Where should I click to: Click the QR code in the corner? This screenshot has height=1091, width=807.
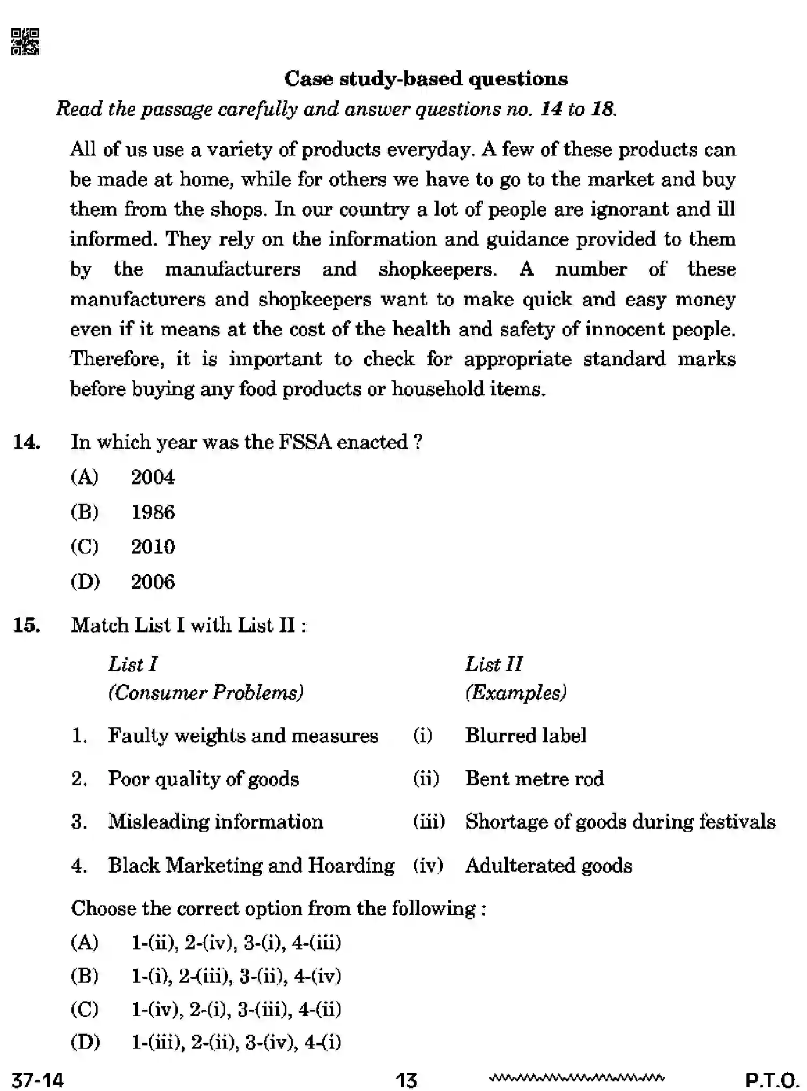point(25,42)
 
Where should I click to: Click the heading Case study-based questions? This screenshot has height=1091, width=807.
point(426,79)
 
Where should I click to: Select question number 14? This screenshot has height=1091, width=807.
point(27,443)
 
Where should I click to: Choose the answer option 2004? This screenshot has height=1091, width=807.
point(153,477)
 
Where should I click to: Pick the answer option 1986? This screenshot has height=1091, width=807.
point(153,512)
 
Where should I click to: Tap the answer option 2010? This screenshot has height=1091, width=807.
point(153,547)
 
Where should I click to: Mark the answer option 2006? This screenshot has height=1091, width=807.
point(153,582)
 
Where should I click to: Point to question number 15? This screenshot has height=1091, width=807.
point(27,625)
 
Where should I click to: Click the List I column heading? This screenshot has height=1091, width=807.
point(132,665)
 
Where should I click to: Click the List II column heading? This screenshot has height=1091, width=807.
point(493,665)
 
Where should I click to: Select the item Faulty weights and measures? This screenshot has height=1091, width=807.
point(243,735)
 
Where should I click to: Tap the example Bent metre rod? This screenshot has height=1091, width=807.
point(534,779)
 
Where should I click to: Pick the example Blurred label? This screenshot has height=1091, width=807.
point(525,735)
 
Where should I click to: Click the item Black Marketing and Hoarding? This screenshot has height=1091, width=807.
point(251,866)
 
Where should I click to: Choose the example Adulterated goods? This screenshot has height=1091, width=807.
point(549,866)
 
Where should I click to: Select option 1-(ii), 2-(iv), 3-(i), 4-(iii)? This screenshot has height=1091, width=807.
point(236,943)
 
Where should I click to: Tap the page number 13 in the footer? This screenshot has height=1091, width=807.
point(406,1079)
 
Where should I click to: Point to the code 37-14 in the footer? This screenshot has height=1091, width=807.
point(38,1079)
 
